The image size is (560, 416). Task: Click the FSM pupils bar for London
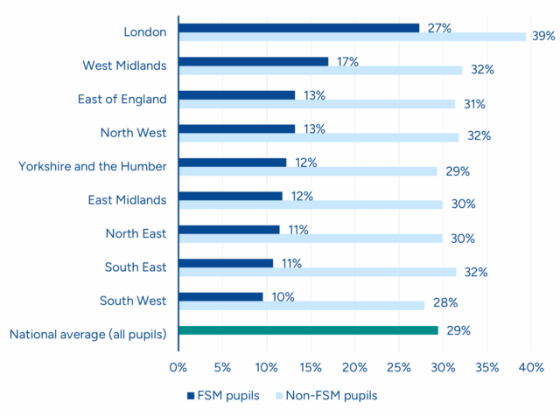[298, 28]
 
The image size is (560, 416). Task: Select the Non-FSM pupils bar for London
[352, 37]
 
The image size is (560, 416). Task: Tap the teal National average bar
[308, 330]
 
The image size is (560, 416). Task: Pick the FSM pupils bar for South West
[220, 296]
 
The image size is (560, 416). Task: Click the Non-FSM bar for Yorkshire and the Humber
[307, 171]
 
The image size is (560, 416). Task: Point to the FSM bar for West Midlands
[253, 61]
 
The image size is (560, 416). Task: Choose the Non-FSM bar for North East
[310, 238]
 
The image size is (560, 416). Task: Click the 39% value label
[544, 36]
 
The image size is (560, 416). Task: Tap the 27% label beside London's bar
[439, 28]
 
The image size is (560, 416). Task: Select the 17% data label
[347, 61]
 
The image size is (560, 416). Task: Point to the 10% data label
[283, 296]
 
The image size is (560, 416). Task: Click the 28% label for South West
[444, 305]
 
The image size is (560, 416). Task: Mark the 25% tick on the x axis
[398, 367]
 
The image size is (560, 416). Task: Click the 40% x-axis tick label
[531, 367]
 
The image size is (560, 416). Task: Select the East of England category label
[122, 99]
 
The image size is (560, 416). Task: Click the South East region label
[136, 266]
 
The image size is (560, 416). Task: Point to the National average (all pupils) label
[87, 334]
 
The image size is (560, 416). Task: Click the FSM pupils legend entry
[223, 395]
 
